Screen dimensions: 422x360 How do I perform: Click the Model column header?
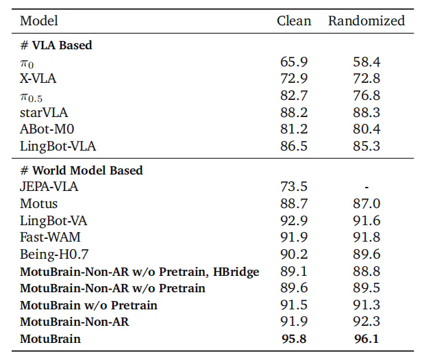tap(39, 21)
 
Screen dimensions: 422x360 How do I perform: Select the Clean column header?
tap(294, 21)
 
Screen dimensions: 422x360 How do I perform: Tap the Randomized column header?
tap(367, 21)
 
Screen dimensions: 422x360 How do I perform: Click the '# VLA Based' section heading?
tap(56, 45)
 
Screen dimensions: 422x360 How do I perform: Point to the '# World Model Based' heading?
tap(82, 170)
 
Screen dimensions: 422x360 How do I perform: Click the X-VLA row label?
tap(38, 79)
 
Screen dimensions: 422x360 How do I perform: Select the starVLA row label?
tap(44, 112)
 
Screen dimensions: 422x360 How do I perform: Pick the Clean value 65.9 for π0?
tap(294, 62)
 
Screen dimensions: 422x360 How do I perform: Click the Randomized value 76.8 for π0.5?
tap(367, 95)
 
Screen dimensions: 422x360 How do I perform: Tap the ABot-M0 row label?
tap(47, 129)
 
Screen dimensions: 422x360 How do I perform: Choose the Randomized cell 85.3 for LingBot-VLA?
tap(367, 146)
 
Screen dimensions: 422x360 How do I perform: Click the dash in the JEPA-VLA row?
tap(367, 187)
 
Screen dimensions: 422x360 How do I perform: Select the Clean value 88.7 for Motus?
tap(294, 203)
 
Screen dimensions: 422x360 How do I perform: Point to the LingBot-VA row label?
tap(53, 221)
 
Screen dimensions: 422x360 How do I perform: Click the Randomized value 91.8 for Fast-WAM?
tap(367, 237)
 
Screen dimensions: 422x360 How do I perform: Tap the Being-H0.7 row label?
tap(54, 255)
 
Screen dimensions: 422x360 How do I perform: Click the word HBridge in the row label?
tap(236, 272)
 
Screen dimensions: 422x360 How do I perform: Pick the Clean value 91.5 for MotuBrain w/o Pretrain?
tap(294, 305)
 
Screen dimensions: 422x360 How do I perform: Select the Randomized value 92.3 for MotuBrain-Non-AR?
tap(367, 322)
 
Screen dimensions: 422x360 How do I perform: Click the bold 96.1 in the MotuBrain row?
tap(367, 339)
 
